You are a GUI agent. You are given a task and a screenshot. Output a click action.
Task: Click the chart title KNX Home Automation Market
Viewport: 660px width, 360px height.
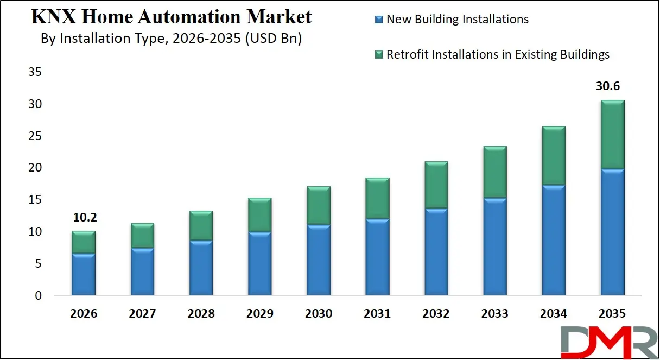coord(172,17)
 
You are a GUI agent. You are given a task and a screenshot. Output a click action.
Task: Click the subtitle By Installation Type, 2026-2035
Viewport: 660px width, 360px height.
coord(172,39)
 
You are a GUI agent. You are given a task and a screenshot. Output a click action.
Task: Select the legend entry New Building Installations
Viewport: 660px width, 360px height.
coord(457,19)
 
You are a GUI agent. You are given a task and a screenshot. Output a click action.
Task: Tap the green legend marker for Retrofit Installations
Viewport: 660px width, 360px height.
coord(379,54)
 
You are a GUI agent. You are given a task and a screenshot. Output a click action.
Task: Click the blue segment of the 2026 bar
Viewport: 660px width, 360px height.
coord(83,275)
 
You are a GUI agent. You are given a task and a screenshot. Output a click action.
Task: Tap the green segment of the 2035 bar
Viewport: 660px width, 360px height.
coord(612,135)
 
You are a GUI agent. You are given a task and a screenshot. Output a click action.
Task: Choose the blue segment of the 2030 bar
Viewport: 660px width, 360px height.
coord(319,260)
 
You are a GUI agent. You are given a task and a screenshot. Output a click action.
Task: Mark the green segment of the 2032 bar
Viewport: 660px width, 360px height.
coord(436,185)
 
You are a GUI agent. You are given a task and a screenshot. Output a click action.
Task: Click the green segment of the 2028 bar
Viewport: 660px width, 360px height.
coord(201,226)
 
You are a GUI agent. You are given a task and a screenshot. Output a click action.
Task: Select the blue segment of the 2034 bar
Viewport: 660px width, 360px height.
coord(554,241)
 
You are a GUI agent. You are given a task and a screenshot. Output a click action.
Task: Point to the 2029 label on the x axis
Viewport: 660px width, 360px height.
coord(259,313)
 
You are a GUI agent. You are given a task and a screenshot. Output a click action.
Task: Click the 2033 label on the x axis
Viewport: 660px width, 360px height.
coord(495,313)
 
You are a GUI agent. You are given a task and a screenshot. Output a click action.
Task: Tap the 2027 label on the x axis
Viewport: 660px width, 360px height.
coord(142,313)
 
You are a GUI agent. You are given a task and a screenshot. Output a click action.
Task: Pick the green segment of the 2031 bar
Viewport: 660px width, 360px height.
coord(377,199)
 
